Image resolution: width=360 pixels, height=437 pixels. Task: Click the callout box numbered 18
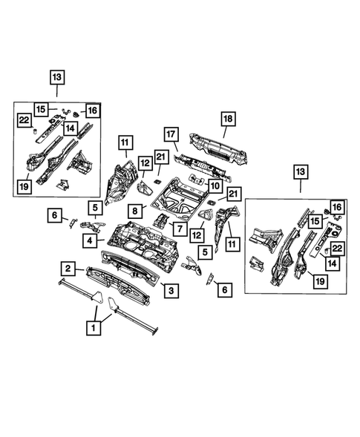tap(228, 117)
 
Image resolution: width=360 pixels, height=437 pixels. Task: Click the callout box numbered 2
tap(68, 268)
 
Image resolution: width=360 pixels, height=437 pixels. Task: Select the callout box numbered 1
tap(94, 326)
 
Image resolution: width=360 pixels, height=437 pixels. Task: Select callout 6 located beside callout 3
tap(222, 290)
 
